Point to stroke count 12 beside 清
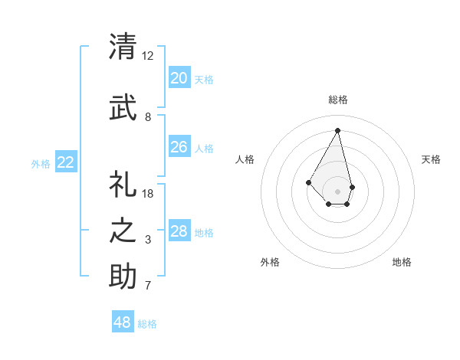point(148,56)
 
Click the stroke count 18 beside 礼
point(148,194)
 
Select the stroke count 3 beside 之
point(148,240)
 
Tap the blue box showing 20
point(179,78)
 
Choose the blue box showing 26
point(179,147)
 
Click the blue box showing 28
point(179,231)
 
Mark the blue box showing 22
point(66,162)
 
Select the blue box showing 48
point(123,322)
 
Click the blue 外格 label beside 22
point(41,163)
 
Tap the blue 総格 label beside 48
point(147,324)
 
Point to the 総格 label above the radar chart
point(337,100)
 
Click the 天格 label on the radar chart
point(432,159)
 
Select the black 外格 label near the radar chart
point(270,262)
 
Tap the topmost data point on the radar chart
point(337,129)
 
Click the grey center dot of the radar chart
point(337,191)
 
